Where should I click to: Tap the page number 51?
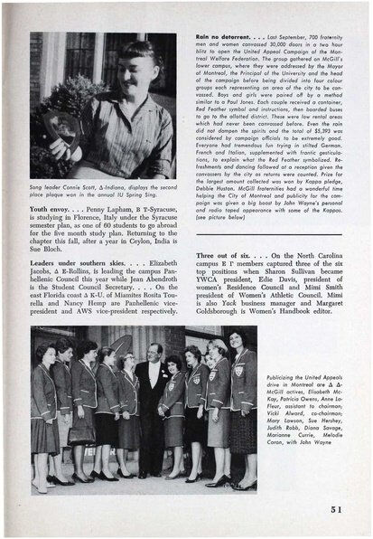336,508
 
